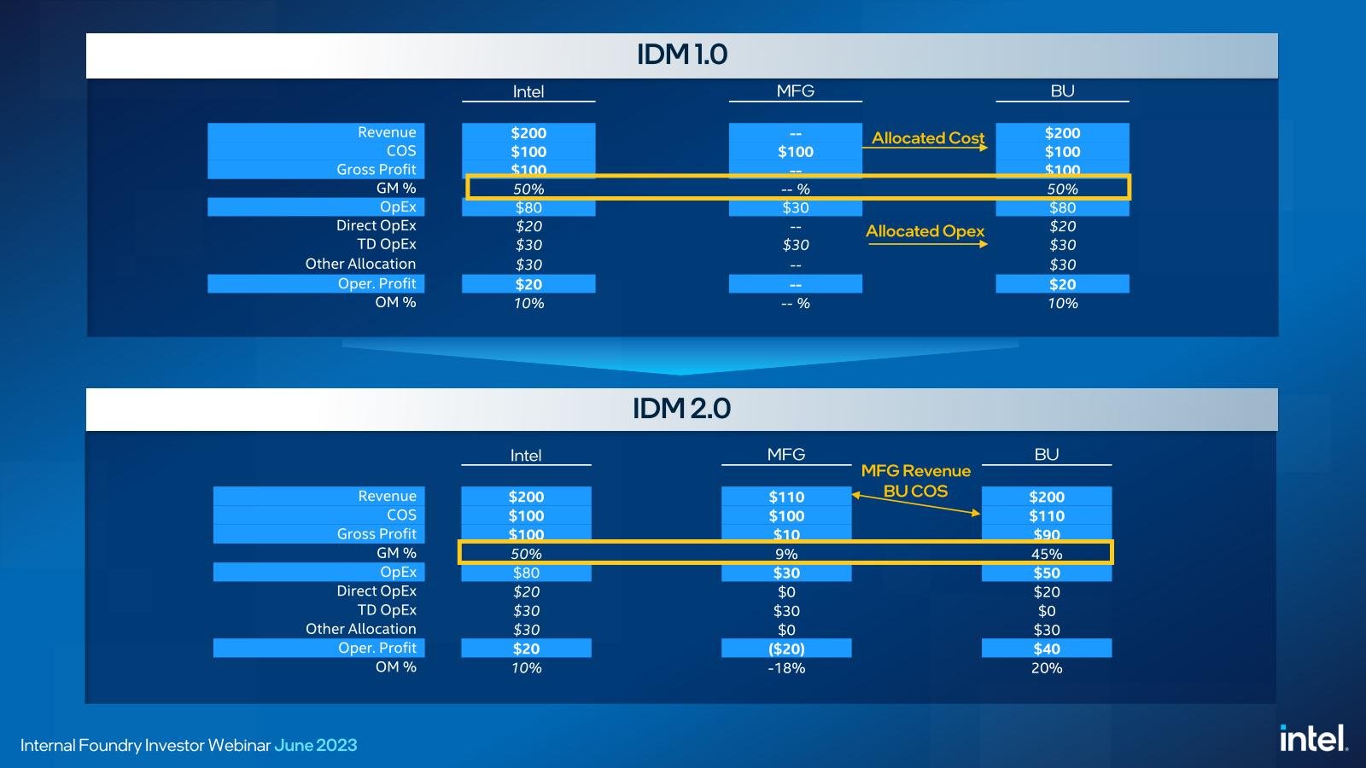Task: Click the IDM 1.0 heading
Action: coord(682,55)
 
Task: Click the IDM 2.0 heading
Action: coord(681,409)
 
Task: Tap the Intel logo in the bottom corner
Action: coord(1314,739)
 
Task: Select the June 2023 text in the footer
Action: coord(316,746)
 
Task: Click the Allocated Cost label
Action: coord(928,137)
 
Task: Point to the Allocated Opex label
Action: coord(925,231)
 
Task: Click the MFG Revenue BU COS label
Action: coord(915,481)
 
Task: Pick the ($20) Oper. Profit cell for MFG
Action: coord(786,649)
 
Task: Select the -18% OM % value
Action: coord(786,668)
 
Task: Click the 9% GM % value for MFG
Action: coord(786,554)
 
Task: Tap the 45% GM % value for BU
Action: coord(1047,554)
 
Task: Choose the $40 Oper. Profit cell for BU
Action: coord(1047,649)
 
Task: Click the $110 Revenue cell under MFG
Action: coord(786,497)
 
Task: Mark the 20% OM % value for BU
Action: coord(1047,668)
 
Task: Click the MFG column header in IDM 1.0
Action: coord(795,90)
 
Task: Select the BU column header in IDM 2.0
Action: coord(1047,454)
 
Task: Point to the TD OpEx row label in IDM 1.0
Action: coord(387,244)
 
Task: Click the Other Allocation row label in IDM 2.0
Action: coord(361,628)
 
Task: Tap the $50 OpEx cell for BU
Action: coord(1047,573)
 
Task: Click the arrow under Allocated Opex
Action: coord(927,244)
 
